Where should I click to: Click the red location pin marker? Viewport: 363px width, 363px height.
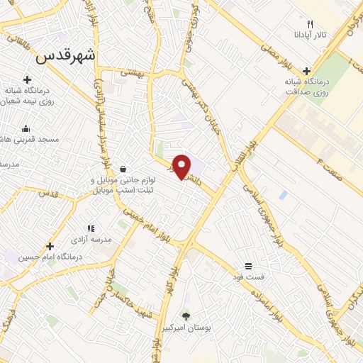coord(183,167)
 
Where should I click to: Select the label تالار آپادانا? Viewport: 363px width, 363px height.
coord(311,34)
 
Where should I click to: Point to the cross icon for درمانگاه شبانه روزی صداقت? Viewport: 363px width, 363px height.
coord(306,71)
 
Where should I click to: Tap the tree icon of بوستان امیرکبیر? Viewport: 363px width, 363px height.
coord(186,315)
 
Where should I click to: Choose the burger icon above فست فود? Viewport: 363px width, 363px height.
coord(249,266)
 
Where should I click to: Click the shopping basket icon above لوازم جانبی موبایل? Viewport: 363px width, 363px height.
coord(124,169)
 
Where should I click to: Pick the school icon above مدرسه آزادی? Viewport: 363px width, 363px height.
coord(91,228)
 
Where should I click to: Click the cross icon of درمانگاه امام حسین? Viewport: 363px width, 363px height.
coord(49,246)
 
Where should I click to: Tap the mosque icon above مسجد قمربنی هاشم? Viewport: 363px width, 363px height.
coord(26,129)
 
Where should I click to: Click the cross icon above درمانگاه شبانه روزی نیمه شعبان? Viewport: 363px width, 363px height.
coord(27,79)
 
